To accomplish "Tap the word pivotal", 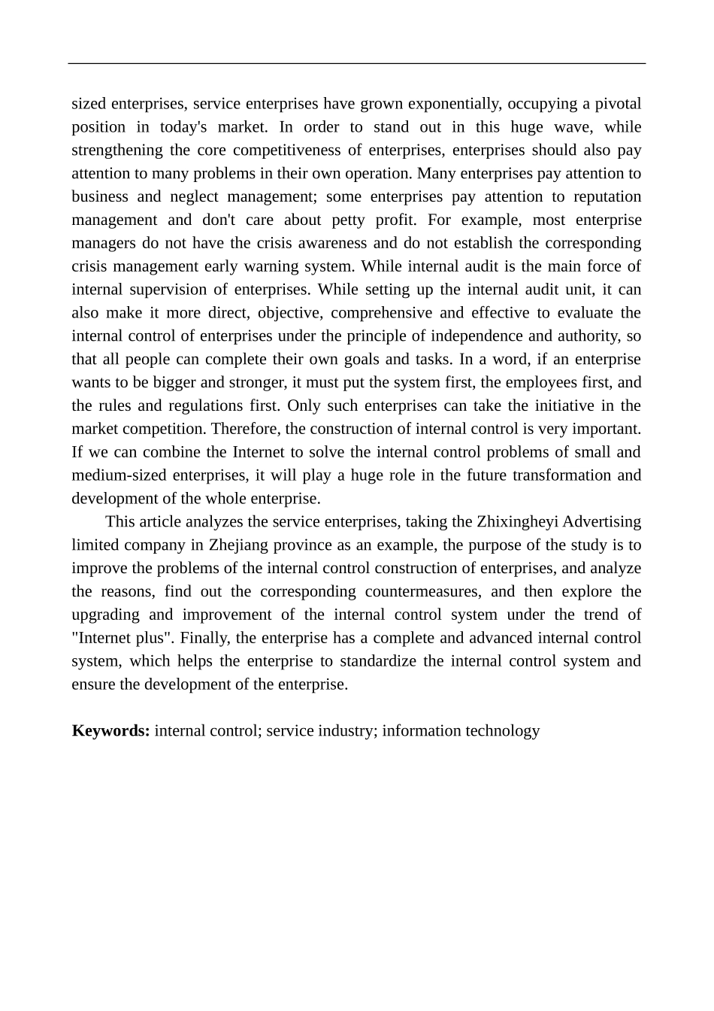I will point(616,104).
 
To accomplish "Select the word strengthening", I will point(116,150).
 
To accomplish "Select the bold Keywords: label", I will point(111,731).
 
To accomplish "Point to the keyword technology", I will point(502,731).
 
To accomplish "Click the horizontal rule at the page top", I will point(357,64).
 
